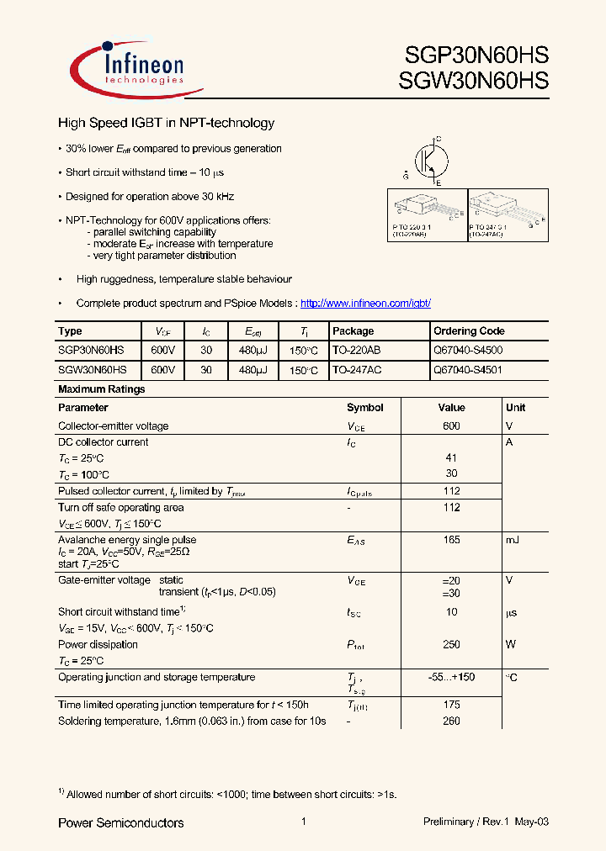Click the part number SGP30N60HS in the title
[x=477, y=55]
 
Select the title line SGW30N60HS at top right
[x=477, y=81]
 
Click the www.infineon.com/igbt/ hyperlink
[x=365, y=303]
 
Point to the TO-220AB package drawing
[x=425, y=214]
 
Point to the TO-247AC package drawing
[x=506, y=214]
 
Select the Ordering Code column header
[x=469, y=331]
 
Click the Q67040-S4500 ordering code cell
[x=468, y=350]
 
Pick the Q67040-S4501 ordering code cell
[x=468, y=369]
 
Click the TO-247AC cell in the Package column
[x=357, y=369]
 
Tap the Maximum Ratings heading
[x=101, y=389]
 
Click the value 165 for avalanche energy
[x=451, y=540]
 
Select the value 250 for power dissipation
[x=451, y=645]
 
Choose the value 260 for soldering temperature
[x=451, y=721]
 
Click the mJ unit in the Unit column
[x=512, y=540]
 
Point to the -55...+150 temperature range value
[x=451, y=678]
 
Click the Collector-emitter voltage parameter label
[x=113, y=426]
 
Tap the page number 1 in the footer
[x=302, y=822]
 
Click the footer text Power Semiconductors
[x=120, y=822]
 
